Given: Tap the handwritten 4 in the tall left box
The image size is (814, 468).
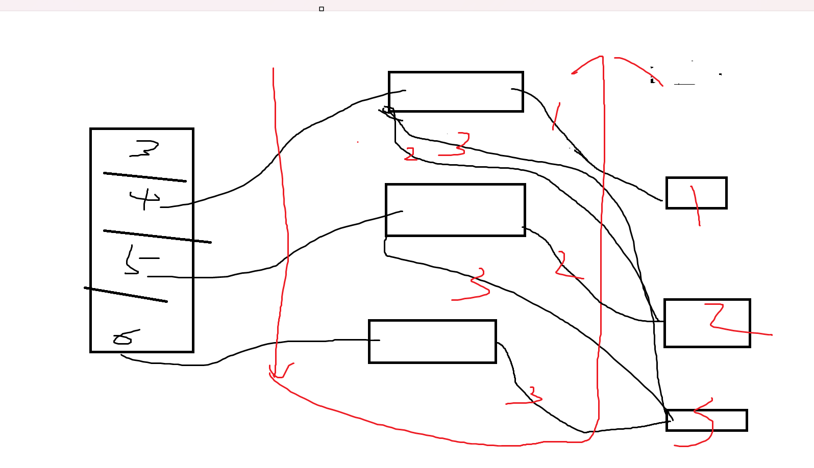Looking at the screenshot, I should coord(145,199).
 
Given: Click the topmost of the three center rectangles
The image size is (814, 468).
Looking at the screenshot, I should coord(456,92).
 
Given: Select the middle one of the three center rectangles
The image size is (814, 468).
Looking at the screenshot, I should coord(455,210).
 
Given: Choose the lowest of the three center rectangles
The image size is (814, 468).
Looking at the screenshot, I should coord(432,342).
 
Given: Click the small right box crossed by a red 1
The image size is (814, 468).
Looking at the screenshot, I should coord(696,193).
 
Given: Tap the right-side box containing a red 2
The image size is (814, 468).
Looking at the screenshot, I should coord(707,323).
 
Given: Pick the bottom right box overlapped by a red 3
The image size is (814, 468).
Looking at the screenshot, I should coord(707,421).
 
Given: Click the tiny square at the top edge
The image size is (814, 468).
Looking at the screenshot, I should coord(322,9).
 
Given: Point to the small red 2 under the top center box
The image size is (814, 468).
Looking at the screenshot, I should coord(411,154).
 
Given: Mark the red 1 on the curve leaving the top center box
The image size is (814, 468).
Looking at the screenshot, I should coord(556,116).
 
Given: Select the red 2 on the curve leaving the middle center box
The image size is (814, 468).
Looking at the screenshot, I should coord(563,265).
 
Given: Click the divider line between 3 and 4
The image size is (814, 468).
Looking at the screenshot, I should coord(144,177).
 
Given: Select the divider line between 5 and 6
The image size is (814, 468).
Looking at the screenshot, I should coord(126,295).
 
